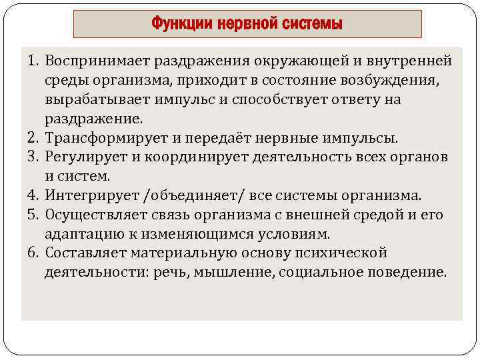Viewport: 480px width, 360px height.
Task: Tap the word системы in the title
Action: tap(315, 25)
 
